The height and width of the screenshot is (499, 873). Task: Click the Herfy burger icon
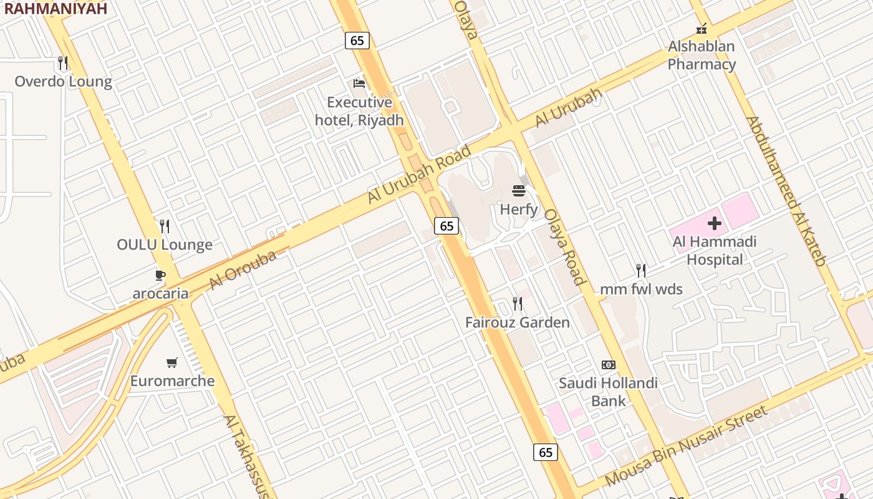519,190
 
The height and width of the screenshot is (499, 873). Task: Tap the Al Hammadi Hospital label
715,250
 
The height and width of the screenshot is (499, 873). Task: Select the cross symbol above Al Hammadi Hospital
715,223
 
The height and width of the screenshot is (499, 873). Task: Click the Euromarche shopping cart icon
172,362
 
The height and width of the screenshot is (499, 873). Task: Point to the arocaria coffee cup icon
160,274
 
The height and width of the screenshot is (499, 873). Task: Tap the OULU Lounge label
165,245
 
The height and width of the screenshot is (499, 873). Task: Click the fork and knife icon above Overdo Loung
62,63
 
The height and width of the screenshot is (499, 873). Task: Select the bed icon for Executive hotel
359,83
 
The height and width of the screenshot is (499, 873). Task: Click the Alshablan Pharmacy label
702,55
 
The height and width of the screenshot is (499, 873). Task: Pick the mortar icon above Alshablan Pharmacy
702,29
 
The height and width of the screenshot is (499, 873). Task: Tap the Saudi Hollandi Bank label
608,392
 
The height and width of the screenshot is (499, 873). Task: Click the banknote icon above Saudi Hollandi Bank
608,365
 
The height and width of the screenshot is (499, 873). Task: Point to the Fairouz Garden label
518,322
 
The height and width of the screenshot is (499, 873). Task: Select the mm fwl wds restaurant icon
641,270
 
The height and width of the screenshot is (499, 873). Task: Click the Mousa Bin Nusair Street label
686,446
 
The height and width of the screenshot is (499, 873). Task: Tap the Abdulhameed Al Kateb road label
786,191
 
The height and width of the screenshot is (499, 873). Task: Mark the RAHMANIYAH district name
55,8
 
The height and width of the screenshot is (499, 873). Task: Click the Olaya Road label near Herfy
565,246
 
